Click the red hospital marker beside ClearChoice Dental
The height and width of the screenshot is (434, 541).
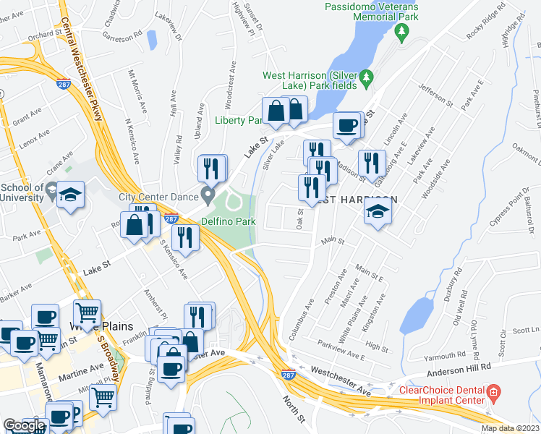pyautogui.click(x=495, y=395)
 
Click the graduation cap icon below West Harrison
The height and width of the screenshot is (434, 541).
pyautogui.click(x=377, y=211)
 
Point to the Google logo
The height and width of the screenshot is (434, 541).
pyautogui.click(x=23, y=425)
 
